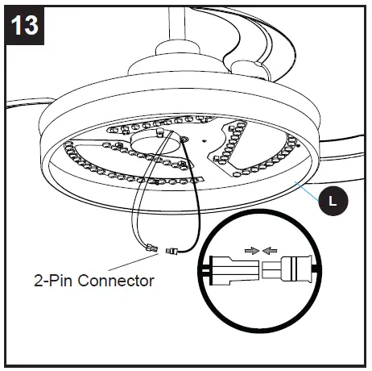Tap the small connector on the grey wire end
pos(151,248)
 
